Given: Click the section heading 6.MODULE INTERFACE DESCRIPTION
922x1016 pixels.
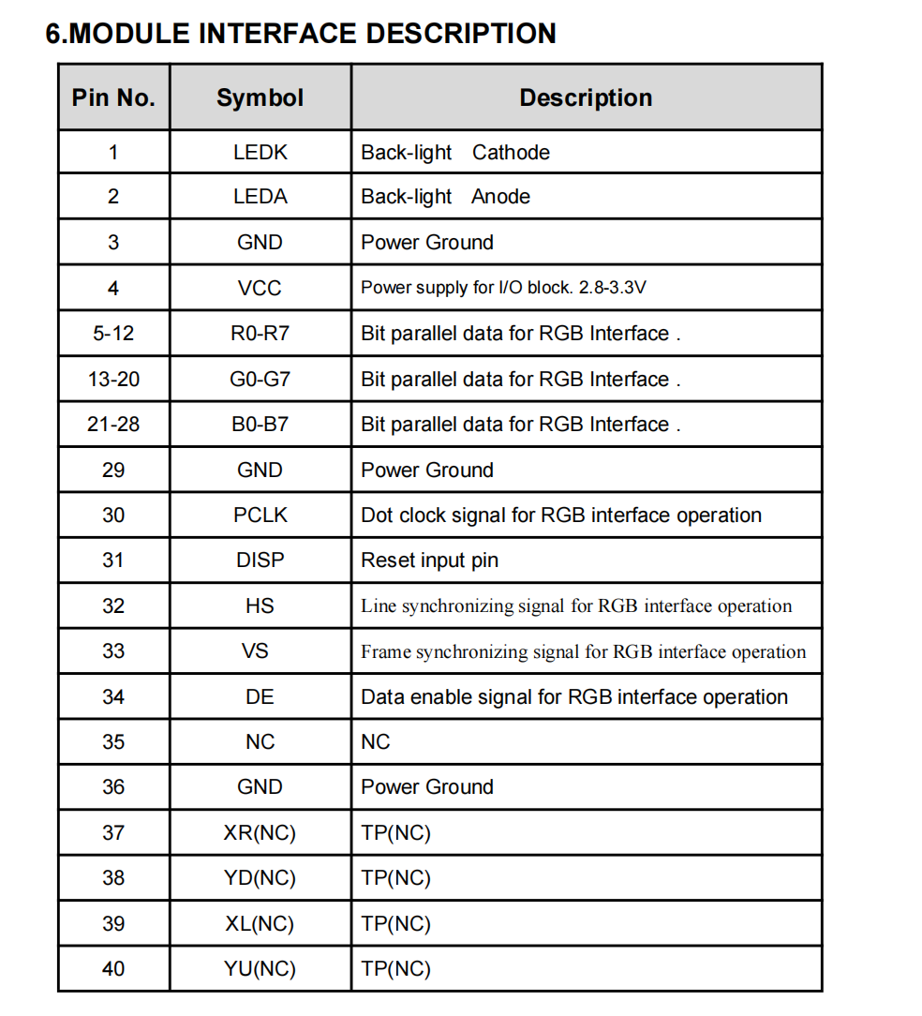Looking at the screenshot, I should (301, 34).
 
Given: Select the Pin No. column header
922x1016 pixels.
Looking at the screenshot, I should (113, 97).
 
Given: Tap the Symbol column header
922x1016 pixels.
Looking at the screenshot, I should (260, 97).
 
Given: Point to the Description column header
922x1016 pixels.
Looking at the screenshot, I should (586, 97).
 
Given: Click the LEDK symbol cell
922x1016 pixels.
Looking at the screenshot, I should (260, 152).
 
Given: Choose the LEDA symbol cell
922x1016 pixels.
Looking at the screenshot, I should (260, 197).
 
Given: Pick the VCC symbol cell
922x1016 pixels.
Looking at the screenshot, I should (260, 288).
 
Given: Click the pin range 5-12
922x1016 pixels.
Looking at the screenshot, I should (113, 334).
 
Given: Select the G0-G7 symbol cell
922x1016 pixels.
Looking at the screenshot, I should (260, 380).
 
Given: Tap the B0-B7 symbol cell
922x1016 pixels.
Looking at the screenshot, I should (260, 425).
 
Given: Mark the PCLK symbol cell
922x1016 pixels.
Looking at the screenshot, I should (260, 515).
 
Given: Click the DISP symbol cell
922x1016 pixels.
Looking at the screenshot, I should (260, 560).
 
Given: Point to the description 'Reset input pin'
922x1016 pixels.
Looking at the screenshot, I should (429, 560).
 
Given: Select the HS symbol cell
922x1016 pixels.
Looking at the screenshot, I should (260, 606).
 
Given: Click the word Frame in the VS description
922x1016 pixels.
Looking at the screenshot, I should (385, 651).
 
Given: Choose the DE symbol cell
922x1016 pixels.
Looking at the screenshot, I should (260, 697).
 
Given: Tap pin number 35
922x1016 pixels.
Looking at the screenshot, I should (113, 742).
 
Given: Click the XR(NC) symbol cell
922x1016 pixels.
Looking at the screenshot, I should (260, 832).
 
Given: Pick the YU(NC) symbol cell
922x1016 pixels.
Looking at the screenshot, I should (260, 969).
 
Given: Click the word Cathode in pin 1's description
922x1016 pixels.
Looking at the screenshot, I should (511, 152).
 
